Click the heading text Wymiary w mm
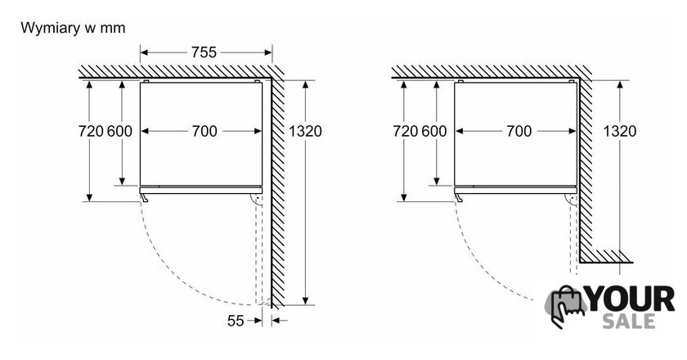(73, 28)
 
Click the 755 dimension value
(204, 52)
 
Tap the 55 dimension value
(236, 321)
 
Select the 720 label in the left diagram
(91, 131)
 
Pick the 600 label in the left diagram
(119, 131)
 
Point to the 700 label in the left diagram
(204, 131)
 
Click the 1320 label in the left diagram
(305, 131)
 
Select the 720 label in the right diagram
(406, 131)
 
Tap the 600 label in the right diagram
(434, 131)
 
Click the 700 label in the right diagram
(519, 131)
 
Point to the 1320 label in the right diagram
(620, 131)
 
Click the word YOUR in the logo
(631, 299)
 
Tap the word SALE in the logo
(629, 322)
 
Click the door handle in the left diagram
(144, 198)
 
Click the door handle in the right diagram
(459, 198)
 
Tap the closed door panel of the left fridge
(200, 191)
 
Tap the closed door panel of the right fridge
(515, 191)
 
